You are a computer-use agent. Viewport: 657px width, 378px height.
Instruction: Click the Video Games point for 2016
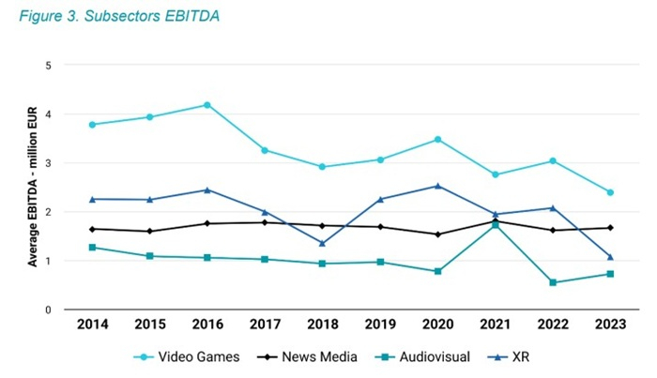(206, 105)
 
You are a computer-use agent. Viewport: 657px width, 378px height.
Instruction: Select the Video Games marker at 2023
(610, 192)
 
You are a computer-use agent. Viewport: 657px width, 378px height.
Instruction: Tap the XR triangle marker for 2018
(322, 243)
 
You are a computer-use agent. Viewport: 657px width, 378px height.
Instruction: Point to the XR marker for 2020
(437, 186)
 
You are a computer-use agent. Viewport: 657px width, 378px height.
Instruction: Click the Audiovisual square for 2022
(553, 282)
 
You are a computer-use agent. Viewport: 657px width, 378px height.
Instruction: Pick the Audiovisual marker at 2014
(92, 247)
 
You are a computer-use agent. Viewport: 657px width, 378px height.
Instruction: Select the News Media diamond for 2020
(437, 234)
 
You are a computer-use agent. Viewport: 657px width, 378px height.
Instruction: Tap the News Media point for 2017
(265, 222)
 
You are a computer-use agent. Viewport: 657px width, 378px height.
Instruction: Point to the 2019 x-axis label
(379, 325)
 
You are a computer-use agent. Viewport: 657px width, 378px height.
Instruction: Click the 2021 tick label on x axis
(495, 325)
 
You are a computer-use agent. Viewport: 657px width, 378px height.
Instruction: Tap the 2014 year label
(92, 325)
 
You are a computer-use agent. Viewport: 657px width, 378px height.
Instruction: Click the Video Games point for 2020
(437, 140)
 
